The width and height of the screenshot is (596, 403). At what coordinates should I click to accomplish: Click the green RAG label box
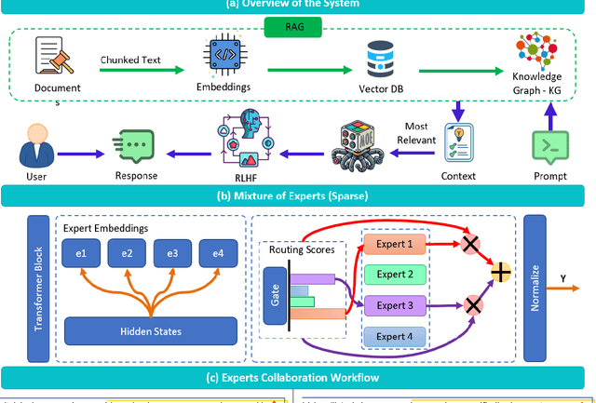pos(298,26)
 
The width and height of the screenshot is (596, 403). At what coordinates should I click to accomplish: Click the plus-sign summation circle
pos(502,272)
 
